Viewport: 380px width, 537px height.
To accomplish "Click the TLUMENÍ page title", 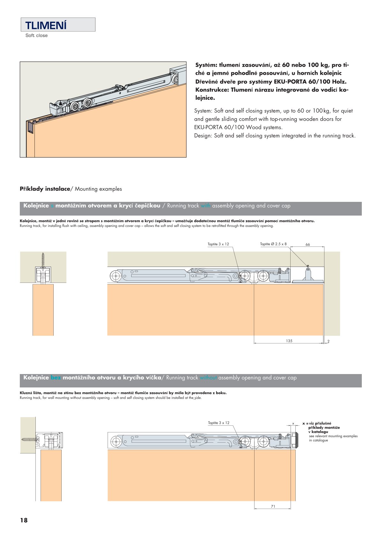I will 46,25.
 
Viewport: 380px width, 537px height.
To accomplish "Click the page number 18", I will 24,520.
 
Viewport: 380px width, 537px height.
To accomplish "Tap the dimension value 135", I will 289,341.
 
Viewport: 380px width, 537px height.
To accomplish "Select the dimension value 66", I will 308,245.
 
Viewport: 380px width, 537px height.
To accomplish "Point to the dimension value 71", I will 273,506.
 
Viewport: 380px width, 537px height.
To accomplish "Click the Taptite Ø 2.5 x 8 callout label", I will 273,244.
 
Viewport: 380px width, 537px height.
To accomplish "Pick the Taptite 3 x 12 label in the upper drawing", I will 218,244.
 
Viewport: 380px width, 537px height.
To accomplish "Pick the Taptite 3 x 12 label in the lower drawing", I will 219,423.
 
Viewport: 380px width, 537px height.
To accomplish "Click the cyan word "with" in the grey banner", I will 206,206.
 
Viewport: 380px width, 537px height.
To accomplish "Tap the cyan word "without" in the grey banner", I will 208,378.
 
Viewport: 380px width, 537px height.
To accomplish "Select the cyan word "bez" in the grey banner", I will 56,378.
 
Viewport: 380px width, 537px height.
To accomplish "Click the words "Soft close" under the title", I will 36,36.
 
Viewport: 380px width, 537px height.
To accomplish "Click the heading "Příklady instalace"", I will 45,189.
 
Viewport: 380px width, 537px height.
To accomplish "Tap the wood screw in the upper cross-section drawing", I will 43,260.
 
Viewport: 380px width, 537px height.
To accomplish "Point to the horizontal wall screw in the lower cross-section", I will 29,439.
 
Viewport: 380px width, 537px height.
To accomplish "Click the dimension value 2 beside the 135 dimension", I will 328,342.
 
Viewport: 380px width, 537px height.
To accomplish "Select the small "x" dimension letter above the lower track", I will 293,423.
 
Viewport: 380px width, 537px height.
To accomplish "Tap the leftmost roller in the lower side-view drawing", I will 115,442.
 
